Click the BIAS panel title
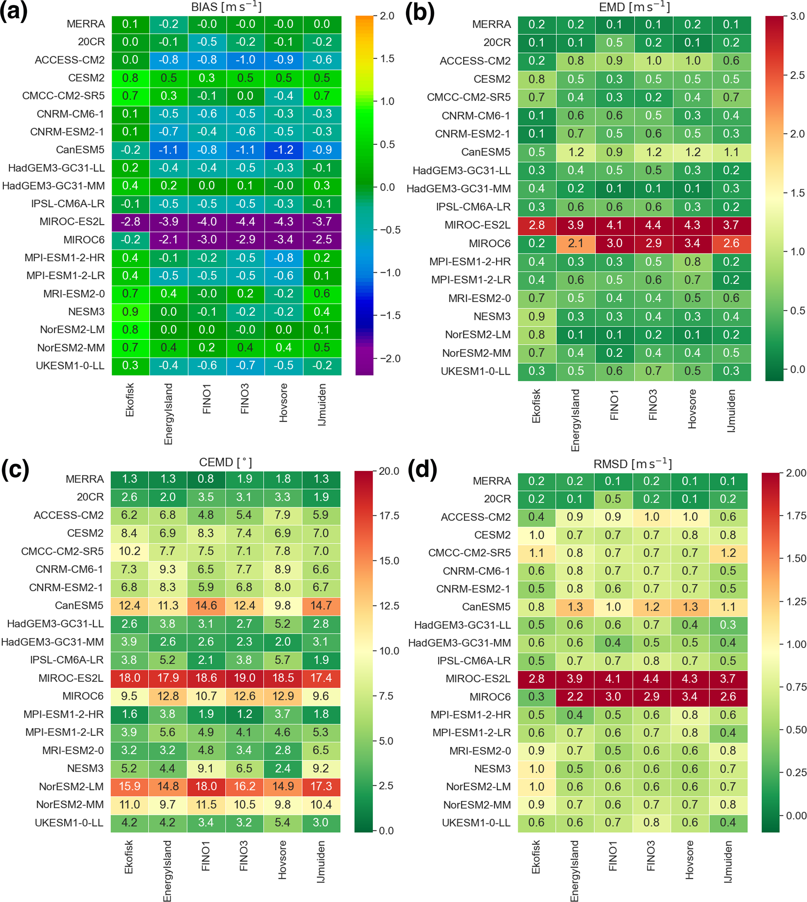pyautogui.click(x=226, y=7)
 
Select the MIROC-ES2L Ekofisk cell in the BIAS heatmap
pyautogui.click(x=130, y=222)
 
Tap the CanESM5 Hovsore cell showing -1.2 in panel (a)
pyautogui.click(x=283, y=150)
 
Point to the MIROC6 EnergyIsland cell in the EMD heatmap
pyautogui.click(x=575, y=243)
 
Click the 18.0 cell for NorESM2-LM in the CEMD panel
pyautogui.click(x=206, y=786)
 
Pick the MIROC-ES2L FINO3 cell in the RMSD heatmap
pyautogui.click(x=651, y=679)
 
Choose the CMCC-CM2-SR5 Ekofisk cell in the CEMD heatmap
pyautogui.click(x=130, y=551)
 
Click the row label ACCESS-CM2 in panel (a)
pyautogui.click(x=69, y=60)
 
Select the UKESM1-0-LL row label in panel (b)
pyautogui.click(x=475, y=371)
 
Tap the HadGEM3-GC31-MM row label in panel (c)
pyautogui.click(x=52, y=642)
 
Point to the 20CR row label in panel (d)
pyautogui.click(x=497, y=499)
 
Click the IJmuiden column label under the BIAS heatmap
pyautogui.click(x=322, y=405)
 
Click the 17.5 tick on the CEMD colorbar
pyautogui.click(x=389, y=516)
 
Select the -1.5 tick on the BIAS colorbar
pyautogui.click(x=390, y=315)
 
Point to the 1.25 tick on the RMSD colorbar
pyautogui.click(x=795, y=601)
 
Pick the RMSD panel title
pyautogui.click(x=633, y=464)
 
